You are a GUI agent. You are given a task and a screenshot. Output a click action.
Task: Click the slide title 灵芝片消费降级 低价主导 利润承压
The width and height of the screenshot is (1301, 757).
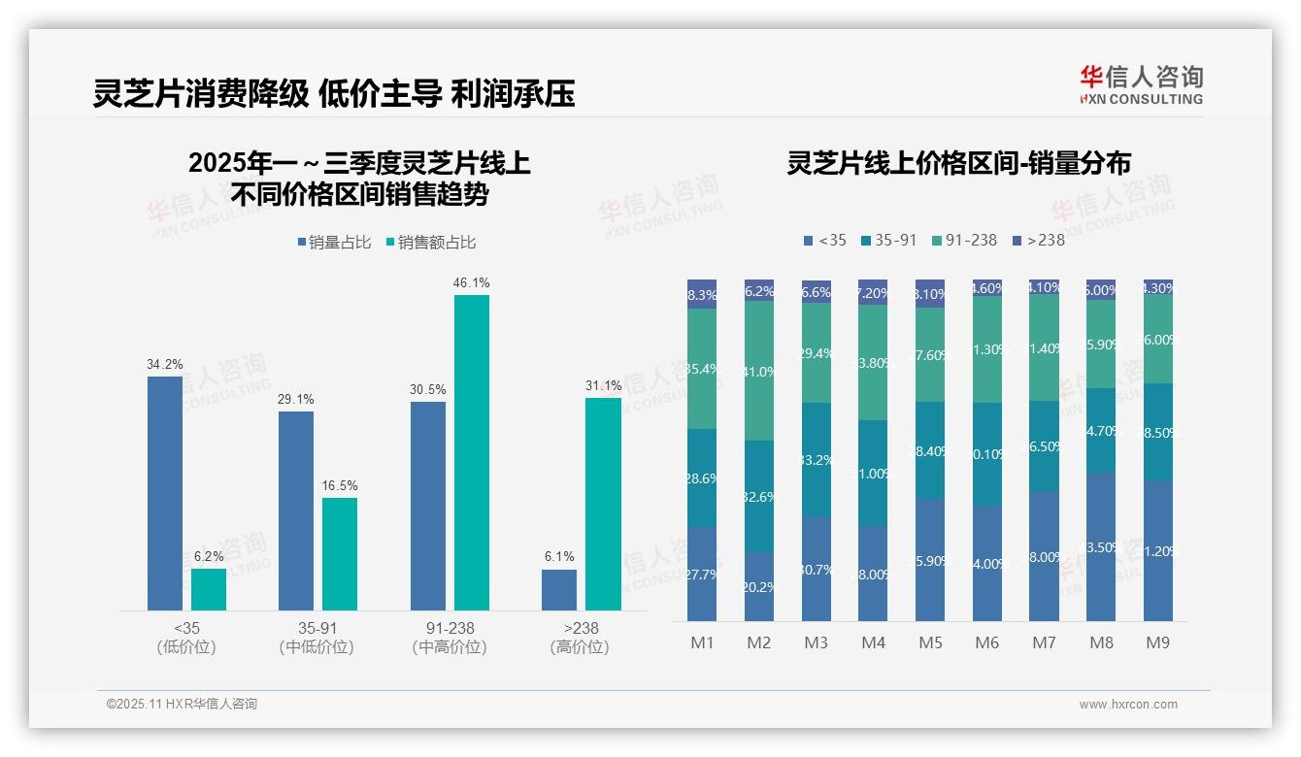[x=334, y=93]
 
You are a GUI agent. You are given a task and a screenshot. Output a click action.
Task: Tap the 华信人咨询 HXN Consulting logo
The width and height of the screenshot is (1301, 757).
[x=1141, y=84]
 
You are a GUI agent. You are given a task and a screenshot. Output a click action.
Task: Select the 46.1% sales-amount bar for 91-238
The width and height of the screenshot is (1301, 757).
[x=472, y=452]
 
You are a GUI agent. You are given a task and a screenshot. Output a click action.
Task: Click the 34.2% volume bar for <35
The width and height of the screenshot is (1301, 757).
[x=165, y=493]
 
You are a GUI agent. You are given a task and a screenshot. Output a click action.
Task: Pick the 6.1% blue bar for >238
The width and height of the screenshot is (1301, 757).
[x=559, y=590]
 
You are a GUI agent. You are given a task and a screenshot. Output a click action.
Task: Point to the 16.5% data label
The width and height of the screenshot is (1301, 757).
[x=340, y=485]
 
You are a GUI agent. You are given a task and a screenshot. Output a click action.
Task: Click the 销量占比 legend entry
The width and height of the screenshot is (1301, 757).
[x=333, y=243]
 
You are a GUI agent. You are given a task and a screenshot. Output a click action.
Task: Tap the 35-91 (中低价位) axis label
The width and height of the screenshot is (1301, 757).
[x=317, y=638]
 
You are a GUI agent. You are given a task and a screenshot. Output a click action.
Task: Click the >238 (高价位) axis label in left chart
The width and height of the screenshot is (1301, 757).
[x=580, y=638]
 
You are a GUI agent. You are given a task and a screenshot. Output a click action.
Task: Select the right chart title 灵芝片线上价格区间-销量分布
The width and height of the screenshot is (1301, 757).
[x=958, y=164]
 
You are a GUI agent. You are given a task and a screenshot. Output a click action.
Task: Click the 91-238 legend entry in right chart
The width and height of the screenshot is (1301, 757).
[x=963, y=240]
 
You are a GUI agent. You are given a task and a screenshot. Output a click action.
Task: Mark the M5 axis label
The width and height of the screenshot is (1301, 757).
[x=930, y=643]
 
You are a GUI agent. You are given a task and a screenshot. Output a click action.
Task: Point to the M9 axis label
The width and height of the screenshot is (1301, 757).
[x=1157, y=643]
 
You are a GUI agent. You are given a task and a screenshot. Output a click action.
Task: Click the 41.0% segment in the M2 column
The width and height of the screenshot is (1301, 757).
[x=759, y=371]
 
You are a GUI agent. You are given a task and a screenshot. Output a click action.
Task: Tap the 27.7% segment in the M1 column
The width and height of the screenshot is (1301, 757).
[x=702, y=574]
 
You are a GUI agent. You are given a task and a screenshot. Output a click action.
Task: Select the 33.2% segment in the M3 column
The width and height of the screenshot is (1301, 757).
[x=817, y=459]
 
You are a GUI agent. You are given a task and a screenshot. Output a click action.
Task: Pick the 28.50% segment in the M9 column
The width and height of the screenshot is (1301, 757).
[x=1157, y=432]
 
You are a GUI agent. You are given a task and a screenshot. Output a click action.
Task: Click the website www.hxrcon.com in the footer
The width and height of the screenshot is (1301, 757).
[x=1128, y=705]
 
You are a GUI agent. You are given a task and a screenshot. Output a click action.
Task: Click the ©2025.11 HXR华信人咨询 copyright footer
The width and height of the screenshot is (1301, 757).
[x=182, y=705]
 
